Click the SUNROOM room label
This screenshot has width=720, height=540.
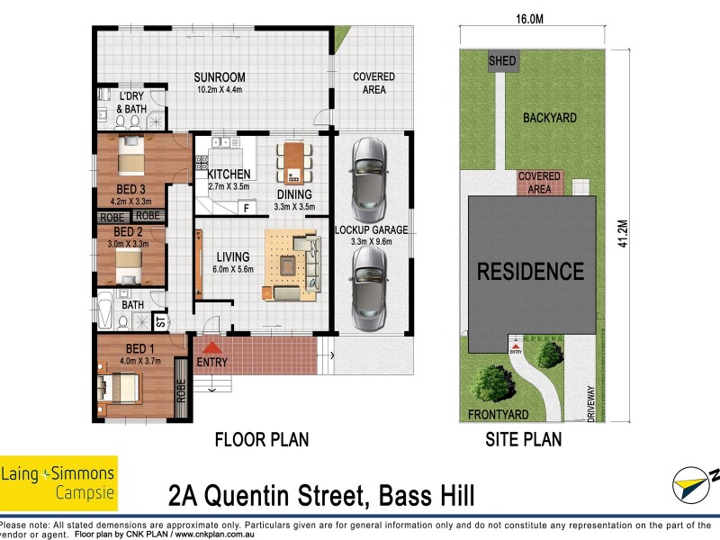[220, 77]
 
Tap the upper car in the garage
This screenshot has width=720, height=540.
[370, 175]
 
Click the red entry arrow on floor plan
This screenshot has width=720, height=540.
[212, 347]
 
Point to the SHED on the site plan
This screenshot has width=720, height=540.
[502, 61]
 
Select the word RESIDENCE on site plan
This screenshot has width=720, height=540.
[530, 270]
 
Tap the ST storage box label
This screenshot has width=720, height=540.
[160, 320]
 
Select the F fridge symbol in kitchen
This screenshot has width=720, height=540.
[246, 209]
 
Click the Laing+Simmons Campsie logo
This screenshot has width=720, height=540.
[58, 481]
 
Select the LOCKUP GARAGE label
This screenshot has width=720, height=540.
[372, 230]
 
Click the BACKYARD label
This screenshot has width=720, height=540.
[549, 118]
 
